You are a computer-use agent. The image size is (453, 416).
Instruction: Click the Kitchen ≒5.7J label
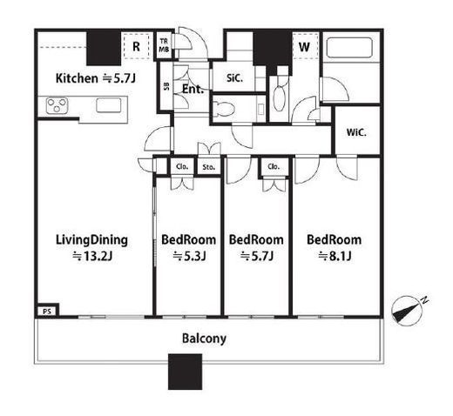coord(96,78)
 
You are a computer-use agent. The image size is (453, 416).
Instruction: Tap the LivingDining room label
coord(91,248)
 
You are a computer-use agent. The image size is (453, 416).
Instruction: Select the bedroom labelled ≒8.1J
coord(335,248)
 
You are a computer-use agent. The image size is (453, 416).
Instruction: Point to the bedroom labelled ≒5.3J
coord(189,248)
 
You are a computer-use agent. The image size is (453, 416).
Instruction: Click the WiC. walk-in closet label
coord(356,133)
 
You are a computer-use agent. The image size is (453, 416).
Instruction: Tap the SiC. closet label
coord(234,78)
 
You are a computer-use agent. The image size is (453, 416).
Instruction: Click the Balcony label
coord(204,339)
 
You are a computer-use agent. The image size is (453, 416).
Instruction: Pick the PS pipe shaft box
coord(47,312)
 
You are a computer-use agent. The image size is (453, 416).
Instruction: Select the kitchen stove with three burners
coord(57,105)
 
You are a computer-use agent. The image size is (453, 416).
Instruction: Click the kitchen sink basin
coord(109,104)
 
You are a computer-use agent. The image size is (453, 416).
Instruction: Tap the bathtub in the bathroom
coord(349,48)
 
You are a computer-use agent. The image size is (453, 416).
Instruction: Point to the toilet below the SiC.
coord(224,109)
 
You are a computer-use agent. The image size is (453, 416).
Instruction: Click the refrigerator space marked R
coord(136,46)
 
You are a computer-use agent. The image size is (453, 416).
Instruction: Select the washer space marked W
coord(304,46)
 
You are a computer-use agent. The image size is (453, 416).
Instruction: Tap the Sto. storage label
coord(209,167)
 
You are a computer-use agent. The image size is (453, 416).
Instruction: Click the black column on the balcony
coord(185,372)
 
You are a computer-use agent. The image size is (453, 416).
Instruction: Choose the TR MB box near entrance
coord(164,46)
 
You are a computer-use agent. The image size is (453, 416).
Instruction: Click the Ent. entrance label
coord(193,89)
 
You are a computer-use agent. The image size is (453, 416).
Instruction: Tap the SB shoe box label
coord(166,86)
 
